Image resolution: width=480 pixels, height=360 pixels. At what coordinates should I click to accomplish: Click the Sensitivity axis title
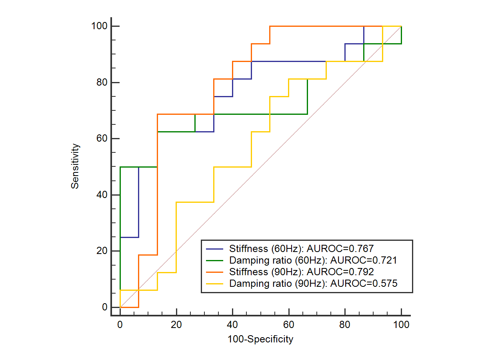click(75, 166)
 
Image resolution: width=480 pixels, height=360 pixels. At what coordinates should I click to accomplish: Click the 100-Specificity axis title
click(260, 340)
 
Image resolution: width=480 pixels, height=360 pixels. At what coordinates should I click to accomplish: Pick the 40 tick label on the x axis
click(232, 325)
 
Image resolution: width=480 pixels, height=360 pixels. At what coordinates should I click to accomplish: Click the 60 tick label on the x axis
click(288, 325)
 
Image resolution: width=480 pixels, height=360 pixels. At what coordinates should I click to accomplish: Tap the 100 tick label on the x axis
click(401, 325)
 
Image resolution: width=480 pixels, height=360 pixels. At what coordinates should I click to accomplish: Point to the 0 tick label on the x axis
click(120, 325)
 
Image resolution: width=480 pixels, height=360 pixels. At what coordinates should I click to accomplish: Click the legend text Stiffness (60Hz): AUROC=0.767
click(302, 248)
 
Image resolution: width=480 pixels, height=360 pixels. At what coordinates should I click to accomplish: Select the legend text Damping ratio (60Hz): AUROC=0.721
click(313, 260)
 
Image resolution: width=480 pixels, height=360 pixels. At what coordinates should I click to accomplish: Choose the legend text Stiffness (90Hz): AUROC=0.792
click(302, 272)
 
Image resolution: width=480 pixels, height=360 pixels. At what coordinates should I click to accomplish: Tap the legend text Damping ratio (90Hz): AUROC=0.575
click(313, 284)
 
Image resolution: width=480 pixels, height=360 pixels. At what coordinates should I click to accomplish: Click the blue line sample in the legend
click(215, 248)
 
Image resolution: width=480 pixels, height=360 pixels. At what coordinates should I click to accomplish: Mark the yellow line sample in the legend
click(215, 284)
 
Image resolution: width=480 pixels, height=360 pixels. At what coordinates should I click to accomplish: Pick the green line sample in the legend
click(215, 260)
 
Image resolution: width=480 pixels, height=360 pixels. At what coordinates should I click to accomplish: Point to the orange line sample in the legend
click(215, 272)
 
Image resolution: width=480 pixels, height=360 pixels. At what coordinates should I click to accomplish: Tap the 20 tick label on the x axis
click(176, 325)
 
